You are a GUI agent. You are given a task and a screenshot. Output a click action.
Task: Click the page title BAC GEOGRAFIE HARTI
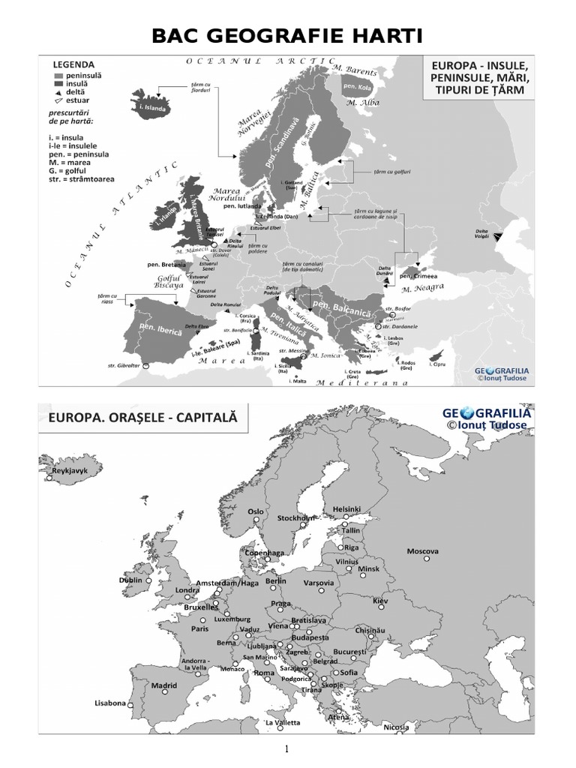(x=288, y=35)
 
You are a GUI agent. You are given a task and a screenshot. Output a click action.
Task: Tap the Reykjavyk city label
(x=65, y=474)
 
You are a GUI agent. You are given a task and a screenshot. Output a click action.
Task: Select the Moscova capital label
(x=422, y=551)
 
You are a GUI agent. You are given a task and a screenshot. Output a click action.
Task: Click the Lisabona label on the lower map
(x=109, y=703)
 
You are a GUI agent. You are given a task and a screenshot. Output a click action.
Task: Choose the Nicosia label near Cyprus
(x=396, y=727)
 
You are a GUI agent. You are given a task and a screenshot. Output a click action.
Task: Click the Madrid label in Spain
(x=164, y=685)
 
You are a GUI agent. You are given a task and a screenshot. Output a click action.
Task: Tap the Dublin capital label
(x=130, y=580)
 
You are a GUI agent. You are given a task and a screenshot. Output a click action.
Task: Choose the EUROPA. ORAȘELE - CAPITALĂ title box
(x=142, y=418)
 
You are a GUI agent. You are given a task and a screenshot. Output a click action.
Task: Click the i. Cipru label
(x=439, y=364)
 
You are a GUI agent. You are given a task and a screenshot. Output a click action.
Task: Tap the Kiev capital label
(x=381, y=601)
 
